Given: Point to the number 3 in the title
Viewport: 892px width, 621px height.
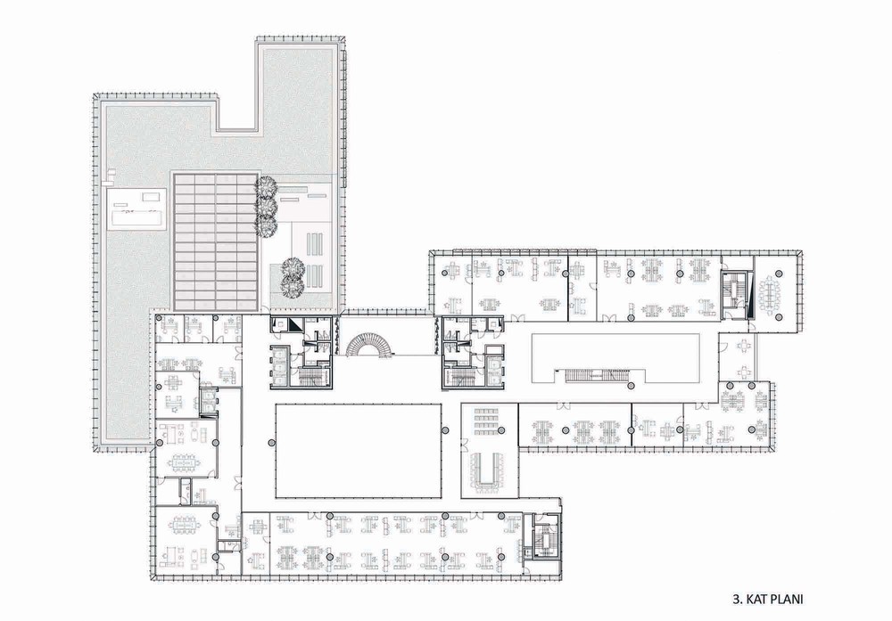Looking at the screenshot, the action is coord(736,599).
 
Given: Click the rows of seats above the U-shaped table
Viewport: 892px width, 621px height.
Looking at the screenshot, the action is coord(487,421).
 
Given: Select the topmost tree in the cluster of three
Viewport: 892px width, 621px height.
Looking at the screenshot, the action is coord(266,186).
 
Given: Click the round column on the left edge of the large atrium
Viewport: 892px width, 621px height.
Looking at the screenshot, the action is coord(269,442).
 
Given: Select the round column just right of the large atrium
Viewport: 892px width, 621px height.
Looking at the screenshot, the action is coord(447,430).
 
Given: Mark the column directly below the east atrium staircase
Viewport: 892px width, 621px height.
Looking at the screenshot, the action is coord(630,387).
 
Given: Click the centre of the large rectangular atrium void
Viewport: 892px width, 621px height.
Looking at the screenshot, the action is coord(359,450).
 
